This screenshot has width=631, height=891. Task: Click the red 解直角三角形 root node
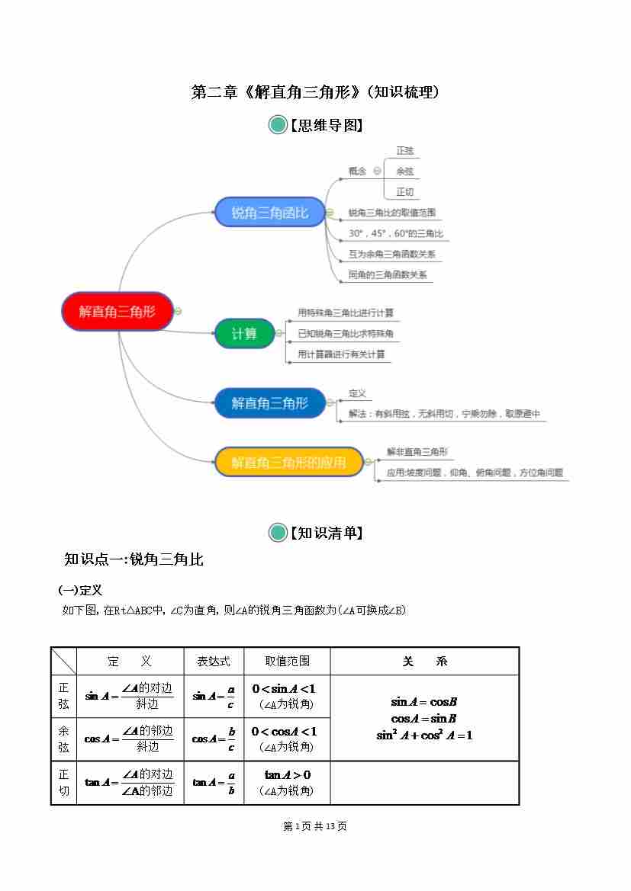click(117, 311)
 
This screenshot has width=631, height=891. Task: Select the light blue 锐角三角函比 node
click(269, 213)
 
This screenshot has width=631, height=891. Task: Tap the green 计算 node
click(244, 334)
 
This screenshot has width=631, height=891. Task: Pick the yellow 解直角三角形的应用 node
click(288, 462)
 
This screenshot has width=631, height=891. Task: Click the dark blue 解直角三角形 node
click(269, 403)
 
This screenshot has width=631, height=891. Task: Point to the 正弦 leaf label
click(404, 151)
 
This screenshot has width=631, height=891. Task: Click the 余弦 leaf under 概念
click(404, 171)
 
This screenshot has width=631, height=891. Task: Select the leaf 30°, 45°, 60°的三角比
click(395, 233)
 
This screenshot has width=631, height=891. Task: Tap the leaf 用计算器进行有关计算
click(341, 354)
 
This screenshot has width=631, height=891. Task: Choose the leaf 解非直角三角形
click(417, 451)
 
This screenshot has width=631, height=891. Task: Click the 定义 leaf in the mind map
click(357, 393)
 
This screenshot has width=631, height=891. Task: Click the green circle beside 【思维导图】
click(278, 125)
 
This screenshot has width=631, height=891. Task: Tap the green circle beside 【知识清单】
click(278, 533)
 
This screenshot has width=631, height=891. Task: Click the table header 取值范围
click(287, 662)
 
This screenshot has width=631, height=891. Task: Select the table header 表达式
click(214, 662)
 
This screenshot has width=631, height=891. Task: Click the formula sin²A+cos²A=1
click(424, 736)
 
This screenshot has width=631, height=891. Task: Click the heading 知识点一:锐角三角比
click(134, 559)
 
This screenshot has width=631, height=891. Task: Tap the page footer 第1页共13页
click(314, 826)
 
